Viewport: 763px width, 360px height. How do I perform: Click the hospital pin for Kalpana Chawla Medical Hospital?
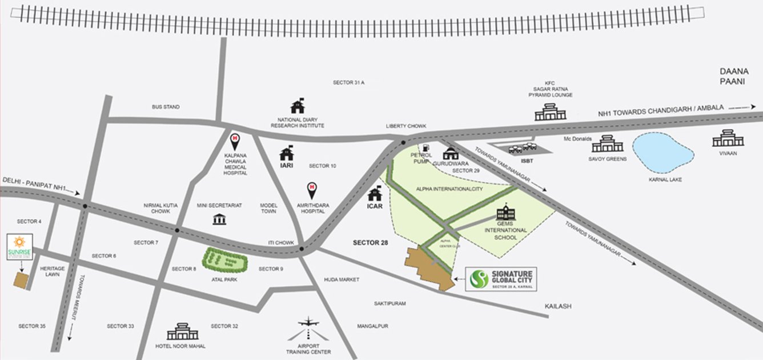coord(235,140)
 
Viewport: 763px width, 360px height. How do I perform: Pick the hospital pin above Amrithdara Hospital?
coord(312,188)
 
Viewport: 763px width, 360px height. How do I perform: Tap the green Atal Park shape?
coord(226,262)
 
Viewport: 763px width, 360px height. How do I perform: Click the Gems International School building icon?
coord(505,213)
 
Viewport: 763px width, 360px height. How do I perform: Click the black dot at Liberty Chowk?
coord(403,142)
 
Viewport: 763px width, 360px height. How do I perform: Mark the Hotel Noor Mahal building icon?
coord(182,331)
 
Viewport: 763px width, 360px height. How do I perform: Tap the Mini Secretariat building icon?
coord(219,219)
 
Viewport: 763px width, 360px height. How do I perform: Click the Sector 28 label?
coord(370,243)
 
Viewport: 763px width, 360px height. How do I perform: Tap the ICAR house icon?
coord(375,194)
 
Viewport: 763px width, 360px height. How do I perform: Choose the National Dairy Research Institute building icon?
coord(298,106)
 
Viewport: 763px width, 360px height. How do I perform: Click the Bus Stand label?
coord(166,107)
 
